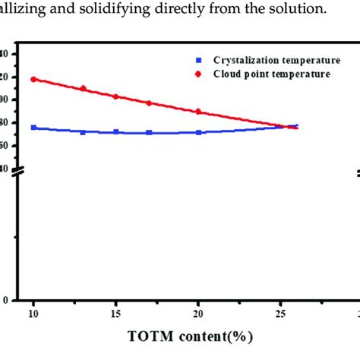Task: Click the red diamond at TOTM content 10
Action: click(x=33, y=79)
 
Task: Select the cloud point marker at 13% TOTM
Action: click(x=83, y=88)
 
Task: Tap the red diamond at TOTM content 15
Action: click(x=115, y=96)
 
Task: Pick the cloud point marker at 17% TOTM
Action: click(x=149, y=103)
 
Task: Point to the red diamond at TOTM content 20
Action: click(x=198, y=111)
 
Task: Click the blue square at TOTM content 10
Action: click(x=33, y=128)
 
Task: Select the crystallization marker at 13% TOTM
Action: click(x=83, y=132)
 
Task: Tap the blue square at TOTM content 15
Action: click(x=115, y=131)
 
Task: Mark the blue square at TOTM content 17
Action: click(x=149, y=132)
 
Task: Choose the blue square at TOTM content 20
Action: click(x=198, y=132)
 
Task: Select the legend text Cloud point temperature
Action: click(x=271, y=74)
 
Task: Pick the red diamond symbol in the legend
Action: click(x=199, y=74)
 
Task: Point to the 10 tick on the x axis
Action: click(x=33, y=313)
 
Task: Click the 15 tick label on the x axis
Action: click(x=115, y=313)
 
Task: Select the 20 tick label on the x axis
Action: click(x=198, y=313)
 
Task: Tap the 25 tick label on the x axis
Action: click(x=280, y=313)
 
